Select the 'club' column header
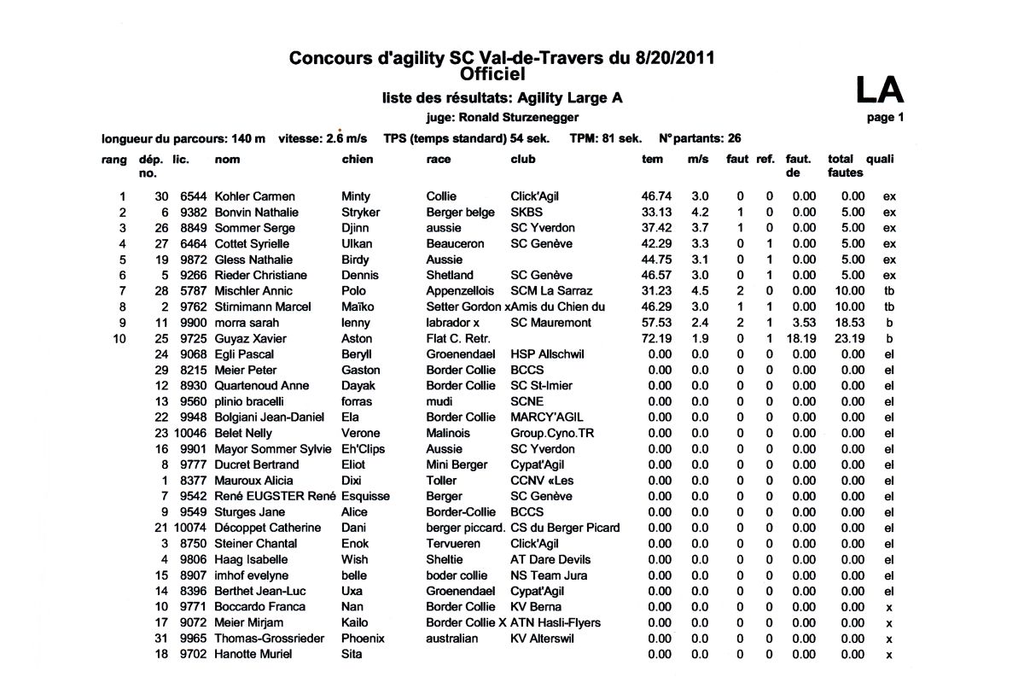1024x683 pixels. click(523, 160)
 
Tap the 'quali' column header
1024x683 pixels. click(880, 160)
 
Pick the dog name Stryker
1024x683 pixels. click(360, 213)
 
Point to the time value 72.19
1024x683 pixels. click(657, 339)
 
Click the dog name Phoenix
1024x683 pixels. click(363, 638)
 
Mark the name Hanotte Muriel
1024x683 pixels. click(253, 654)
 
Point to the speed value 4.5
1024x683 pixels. click(700, 291)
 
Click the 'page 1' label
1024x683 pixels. click(885, 118)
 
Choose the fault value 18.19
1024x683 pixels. click(800, 339)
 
